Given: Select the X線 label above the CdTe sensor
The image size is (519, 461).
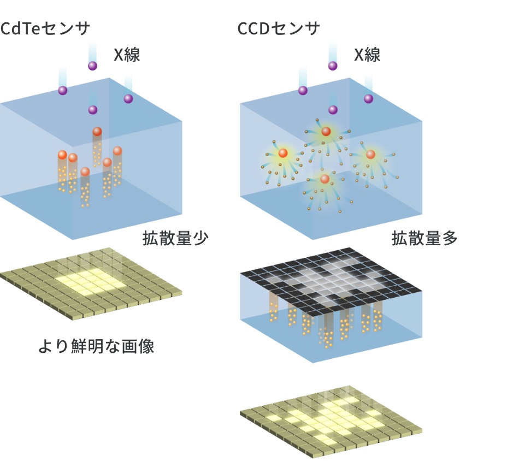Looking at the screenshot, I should point(127,55).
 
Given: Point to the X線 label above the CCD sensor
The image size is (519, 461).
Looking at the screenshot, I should point(367,55).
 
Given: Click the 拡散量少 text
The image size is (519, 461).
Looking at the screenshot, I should point(175,239).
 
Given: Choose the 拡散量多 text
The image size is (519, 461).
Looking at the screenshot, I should point(424,239).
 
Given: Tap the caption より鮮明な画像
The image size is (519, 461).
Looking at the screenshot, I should point(96,346).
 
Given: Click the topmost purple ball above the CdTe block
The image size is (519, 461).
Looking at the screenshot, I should point(92,66).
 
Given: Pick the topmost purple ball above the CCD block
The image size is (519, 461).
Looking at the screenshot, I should point(332,66).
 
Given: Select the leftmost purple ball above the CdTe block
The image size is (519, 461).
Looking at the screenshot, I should point(63,91).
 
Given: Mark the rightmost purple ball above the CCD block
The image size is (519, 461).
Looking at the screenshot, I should point(369,99).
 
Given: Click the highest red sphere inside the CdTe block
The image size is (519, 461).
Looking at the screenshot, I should point(97,132).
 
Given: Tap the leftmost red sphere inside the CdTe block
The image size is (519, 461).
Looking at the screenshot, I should point(62,155).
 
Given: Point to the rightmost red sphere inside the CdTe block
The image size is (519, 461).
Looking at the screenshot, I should point(117,151).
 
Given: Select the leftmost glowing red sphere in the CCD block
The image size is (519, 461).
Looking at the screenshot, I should point(283,153).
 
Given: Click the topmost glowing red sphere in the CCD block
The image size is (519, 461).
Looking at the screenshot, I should point(326,131).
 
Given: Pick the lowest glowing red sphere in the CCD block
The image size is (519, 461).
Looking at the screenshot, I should point(325,179).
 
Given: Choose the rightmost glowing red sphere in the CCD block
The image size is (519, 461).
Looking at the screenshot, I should point(370,155).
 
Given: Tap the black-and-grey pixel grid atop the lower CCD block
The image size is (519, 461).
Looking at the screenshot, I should point(332,281).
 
